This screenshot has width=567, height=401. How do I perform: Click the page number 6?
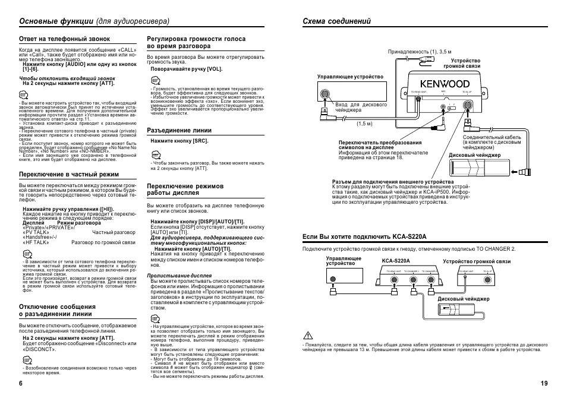coord(21,383)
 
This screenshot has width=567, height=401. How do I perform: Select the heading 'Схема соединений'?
coord(337,21)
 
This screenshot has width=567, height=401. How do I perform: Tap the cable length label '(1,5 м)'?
coord(364,124)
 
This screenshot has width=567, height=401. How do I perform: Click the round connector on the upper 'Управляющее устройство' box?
coord(325,94)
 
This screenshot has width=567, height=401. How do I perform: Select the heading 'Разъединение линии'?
coord(179,130)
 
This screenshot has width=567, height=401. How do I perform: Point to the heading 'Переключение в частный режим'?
coord(69,174)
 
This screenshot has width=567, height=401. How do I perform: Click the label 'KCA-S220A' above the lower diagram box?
coord(396,261)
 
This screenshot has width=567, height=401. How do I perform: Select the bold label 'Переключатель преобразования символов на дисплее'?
coord(380,146)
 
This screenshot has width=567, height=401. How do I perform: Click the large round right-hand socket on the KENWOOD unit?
coord(468,105)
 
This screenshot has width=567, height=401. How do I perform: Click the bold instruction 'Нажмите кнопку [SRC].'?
coord(179,141)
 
